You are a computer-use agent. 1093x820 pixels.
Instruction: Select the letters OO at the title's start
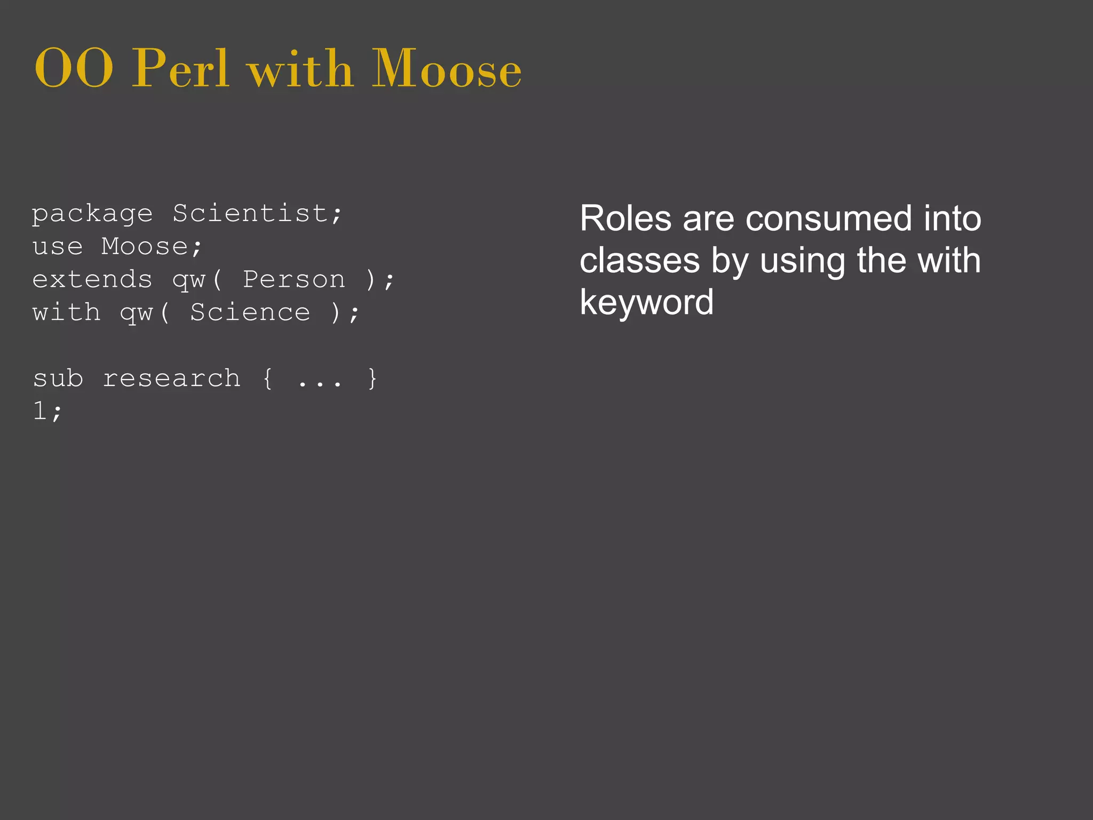pyautogui.click(x=74, y=69)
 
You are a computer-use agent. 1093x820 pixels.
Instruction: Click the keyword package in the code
pyautogui.click(x=92, y=215)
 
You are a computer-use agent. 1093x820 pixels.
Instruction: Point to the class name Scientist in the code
pyautogui.click(x=250, y=214)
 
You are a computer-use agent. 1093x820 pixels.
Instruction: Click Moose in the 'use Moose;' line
pyautogui.click(x=145, y=247)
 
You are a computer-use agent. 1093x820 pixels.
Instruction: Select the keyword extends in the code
pyautogui.click(x=92, y=280)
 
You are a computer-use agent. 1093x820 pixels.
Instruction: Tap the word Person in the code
pyautogui.click(x=294, y=280)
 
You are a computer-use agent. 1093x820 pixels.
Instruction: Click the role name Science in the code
pyautogui.click(x=250, y=313)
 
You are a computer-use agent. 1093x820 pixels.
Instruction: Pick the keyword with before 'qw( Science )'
pyautogui.click(x=66, y=313)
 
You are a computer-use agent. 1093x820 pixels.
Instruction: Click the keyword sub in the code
pyautogui.click(x=58, y=379)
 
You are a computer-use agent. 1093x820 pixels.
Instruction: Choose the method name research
pyautogui.click(x=171, y=379)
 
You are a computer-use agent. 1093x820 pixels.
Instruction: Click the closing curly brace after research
pyautogui.click(x=373, y=379)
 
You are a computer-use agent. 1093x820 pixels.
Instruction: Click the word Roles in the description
pyautogui.click(x=625, y=219)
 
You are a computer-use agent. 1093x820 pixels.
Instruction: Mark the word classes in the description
pyautogui.click(x=639, y=261)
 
